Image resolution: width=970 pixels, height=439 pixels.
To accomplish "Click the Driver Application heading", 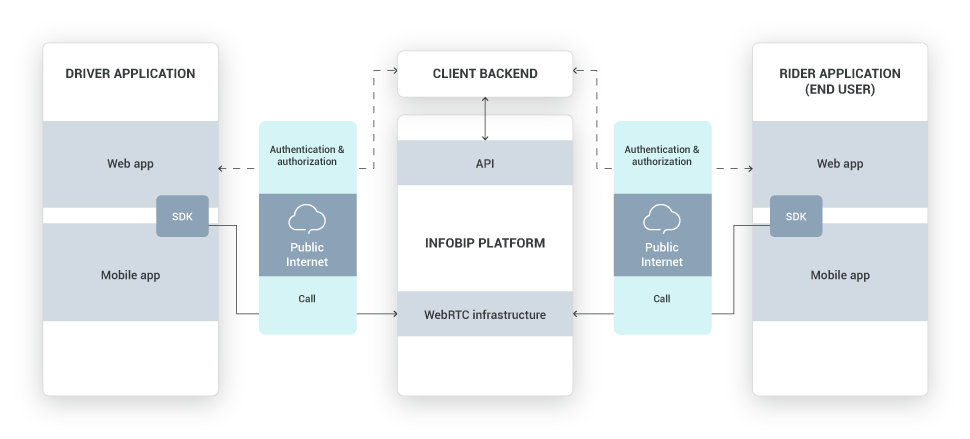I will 130,74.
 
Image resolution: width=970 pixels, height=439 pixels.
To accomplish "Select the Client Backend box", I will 485,74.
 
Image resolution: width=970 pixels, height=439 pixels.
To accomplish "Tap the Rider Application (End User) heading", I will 839,81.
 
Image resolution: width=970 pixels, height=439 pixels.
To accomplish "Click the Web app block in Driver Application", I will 130,163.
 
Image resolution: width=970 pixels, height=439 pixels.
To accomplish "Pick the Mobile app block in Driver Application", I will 130,275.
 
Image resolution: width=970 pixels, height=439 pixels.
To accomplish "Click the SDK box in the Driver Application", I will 182,216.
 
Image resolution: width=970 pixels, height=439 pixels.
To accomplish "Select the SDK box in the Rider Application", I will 796,216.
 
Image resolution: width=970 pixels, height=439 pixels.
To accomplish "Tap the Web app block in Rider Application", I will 839,163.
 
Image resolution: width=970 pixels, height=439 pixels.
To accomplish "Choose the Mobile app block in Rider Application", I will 839,275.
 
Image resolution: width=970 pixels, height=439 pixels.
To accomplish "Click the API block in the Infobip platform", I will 485,163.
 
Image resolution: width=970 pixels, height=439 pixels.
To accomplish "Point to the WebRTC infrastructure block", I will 485,315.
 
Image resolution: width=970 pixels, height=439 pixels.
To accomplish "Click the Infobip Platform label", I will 485,243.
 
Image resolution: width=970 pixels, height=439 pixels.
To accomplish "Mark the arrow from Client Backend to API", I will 485,126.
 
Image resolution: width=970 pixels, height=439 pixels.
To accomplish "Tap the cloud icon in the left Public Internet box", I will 307,218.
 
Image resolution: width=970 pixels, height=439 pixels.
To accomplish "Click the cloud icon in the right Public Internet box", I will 662,218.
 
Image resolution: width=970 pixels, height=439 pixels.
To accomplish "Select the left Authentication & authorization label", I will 307,156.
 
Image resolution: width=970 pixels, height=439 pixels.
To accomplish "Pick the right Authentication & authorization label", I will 662,156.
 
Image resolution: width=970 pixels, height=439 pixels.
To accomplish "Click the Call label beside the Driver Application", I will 307,298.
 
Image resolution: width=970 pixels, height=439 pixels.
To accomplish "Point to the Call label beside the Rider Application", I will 662,298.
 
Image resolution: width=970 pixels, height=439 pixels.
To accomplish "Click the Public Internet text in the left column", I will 307,254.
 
